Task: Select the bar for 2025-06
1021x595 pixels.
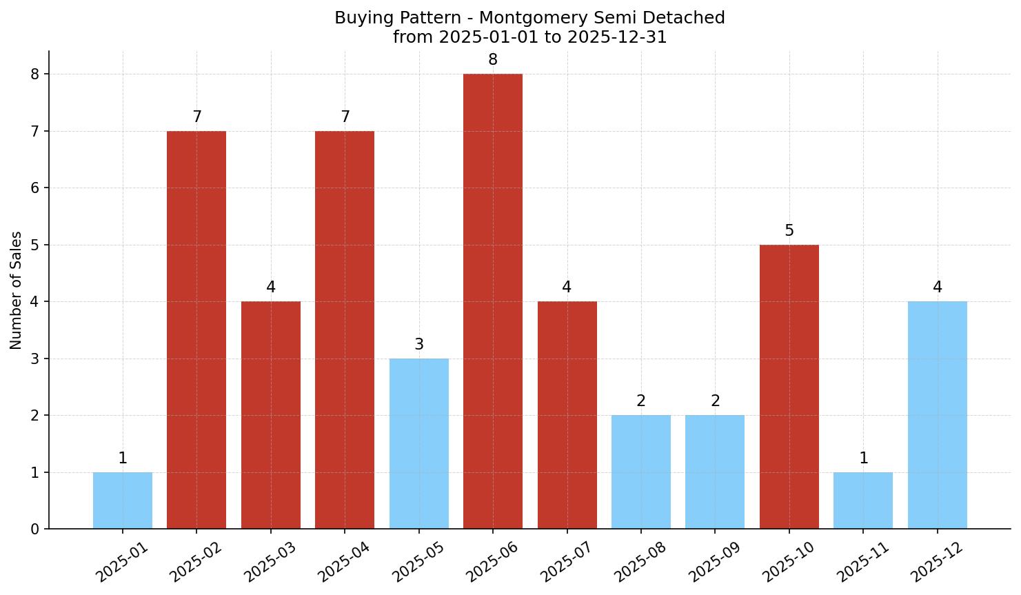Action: click(x=492, y=301)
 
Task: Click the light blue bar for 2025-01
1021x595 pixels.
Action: click(x=123, y=501)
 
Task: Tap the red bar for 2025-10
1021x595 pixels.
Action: click(x=789, y=387)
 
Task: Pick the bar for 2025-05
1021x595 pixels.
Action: click(x=418, y=443)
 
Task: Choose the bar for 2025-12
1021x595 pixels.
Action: click(x=937, y=415)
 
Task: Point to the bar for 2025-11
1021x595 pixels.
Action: click(x=862, y=501)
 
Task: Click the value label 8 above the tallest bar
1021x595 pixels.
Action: click(x=492, y=60)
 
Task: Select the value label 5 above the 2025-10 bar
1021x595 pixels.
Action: click(x=789, y=231)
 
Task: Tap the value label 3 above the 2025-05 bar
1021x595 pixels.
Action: click(x=418, y=345)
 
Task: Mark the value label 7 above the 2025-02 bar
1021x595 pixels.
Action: click(x=196, y=117)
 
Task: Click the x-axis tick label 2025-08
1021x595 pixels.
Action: click(x=640, y=561)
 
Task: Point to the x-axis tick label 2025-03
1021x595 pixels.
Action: click(x=270, y=561)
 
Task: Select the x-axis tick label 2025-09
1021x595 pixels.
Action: click(x=714, y=561)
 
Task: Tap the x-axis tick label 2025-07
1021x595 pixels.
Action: click(x=566, y=561)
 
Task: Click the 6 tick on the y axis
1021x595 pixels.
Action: click(x=35, y=188)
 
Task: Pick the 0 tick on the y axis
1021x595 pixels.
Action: click(x=35, y=530)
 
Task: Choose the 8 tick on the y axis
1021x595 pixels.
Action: click(x=35, y=74)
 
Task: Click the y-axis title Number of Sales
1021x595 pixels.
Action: click(x=17, y=290)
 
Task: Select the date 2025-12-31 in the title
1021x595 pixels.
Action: click(x=616, y=37)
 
